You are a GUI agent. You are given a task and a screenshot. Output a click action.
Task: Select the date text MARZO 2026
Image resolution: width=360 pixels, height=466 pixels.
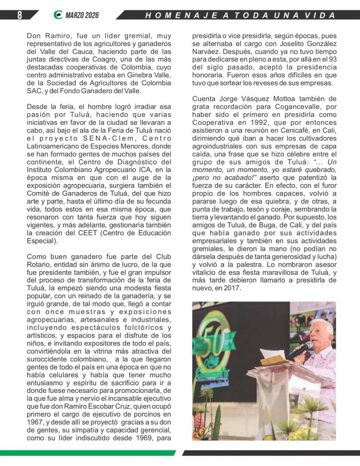point(82,15)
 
